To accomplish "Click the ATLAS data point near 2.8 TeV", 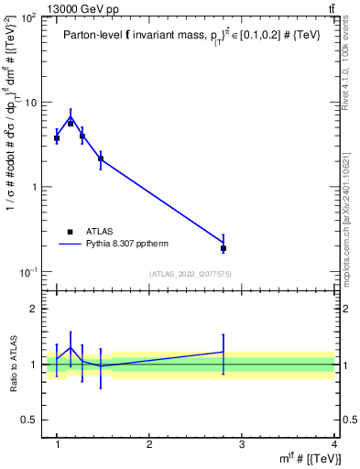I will [x=224, y=248].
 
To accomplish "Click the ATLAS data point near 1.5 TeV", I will [x=101, y=159].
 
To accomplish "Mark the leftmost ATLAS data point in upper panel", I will [x=57, y=138].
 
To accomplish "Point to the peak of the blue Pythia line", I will [x=71, y=116].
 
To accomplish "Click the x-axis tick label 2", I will [x=149, y=445].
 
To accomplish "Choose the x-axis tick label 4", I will [x=334, y=445].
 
